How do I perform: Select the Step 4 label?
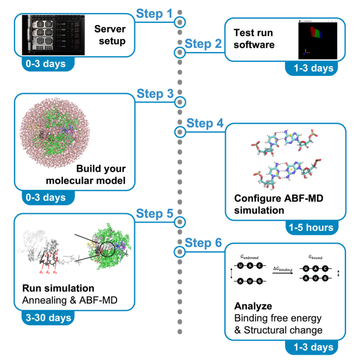click(204, 123)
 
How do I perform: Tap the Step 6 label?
click(204, 243)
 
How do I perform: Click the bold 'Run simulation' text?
click(59, 288)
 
